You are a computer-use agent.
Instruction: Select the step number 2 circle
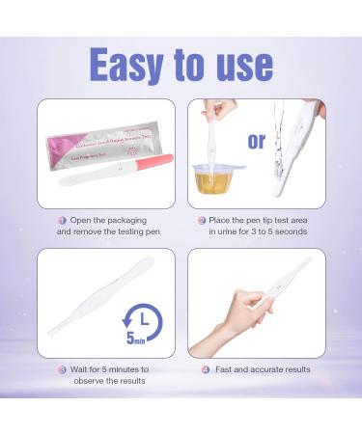click(x=202, y=220)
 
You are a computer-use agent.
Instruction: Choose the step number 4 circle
click(x=206, y=369)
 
